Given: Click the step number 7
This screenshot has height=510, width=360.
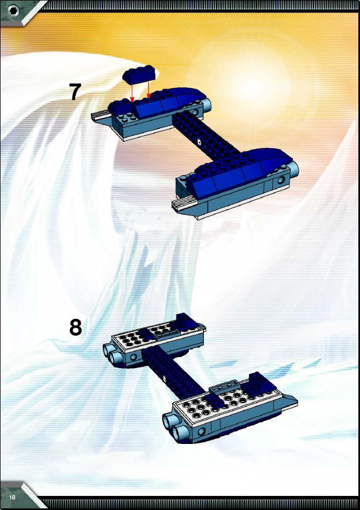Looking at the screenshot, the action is click(x=75, y=91).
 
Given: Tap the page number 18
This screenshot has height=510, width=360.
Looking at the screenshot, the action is click(x=12, y=498).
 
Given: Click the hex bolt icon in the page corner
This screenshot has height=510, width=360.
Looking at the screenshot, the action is click(x=14, y=11).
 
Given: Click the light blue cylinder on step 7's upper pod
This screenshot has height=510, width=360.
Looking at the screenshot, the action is click(x=207, y=106).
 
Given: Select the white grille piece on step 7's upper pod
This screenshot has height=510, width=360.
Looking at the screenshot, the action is click(x=101, y=114).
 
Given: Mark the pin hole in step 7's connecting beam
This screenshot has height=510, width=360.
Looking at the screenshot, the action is click(x=198, y=141).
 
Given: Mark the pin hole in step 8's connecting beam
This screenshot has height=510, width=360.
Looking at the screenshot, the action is click(x=165, y=378).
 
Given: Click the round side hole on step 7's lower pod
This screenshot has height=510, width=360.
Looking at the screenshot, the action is click(x=281, y=180).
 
